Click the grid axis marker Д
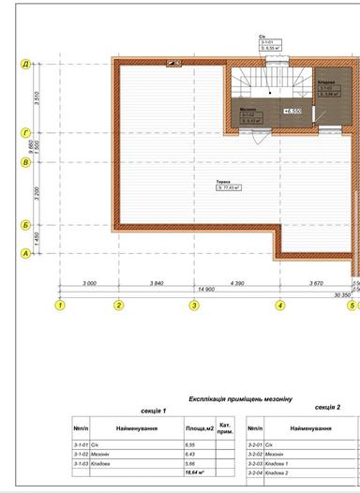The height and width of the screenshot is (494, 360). (27, 64)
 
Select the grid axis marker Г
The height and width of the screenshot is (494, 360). (27, 134)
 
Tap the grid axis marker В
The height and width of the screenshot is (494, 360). (27, 162)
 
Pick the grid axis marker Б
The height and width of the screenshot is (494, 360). (27, 225)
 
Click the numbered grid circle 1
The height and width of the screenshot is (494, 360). (60, 305)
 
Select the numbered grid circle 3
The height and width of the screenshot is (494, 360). (194, 305)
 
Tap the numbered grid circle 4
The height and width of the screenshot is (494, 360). (279, 305)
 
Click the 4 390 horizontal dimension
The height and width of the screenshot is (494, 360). (236, 282)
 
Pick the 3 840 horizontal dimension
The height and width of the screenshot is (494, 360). (157, 282)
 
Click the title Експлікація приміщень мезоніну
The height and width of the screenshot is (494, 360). (241, 399)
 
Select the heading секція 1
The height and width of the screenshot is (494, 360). (151, 411)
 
